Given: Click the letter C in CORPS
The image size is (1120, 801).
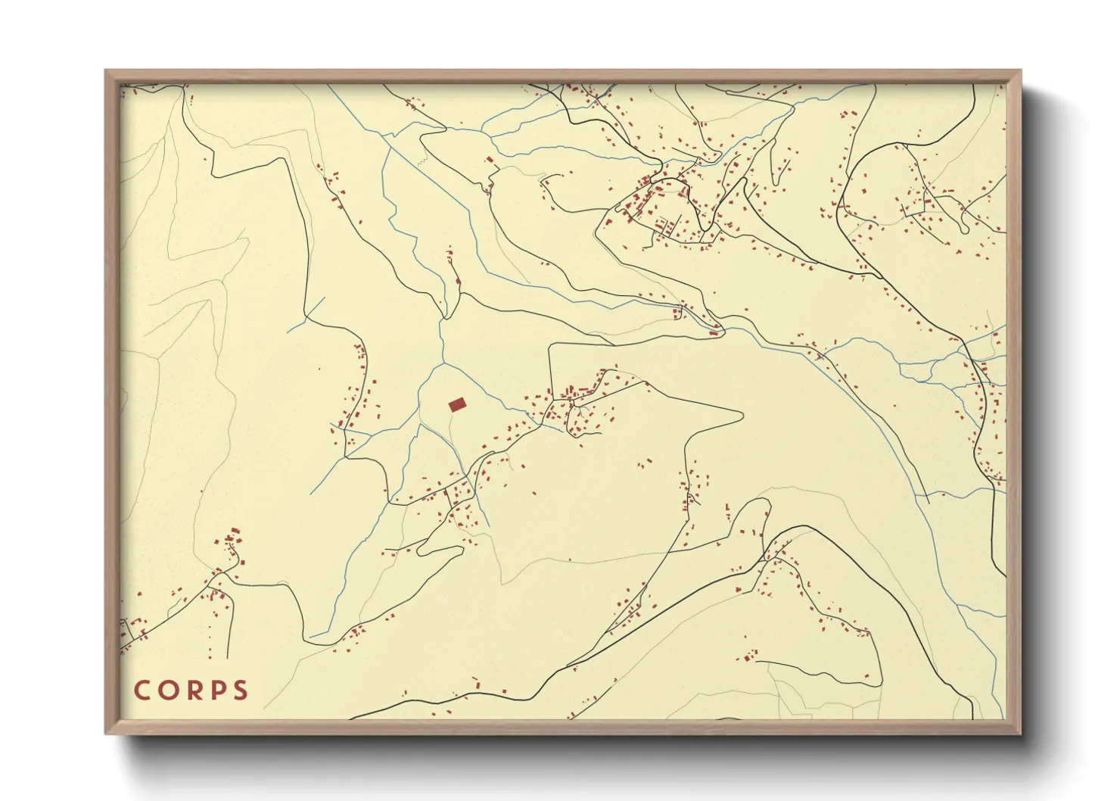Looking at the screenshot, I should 142,690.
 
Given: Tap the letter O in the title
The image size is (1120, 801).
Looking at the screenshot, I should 168,690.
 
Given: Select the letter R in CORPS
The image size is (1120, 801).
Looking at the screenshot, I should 193,690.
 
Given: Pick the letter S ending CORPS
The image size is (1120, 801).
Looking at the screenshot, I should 241,690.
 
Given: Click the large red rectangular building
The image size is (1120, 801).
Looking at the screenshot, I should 456,405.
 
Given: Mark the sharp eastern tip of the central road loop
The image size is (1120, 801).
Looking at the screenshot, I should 742,415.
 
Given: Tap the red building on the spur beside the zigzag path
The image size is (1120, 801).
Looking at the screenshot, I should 490,160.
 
